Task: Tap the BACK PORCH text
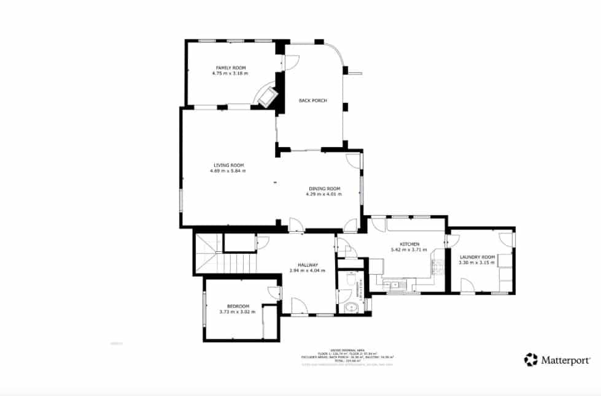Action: point(312,101)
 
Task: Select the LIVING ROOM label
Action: point(228,165)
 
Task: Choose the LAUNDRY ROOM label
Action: point(476,257)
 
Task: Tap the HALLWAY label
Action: point(307,265)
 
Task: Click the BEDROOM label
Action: point(238,306)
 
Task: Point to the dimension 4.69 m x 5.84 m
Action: point(228,170)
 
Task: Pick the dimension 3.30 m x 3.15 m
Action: point(476,263)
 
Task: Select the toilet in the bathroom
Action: point(349,281)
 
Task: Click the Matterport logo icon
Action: point(531,360)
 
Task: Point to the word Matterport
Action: point(566,360)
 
